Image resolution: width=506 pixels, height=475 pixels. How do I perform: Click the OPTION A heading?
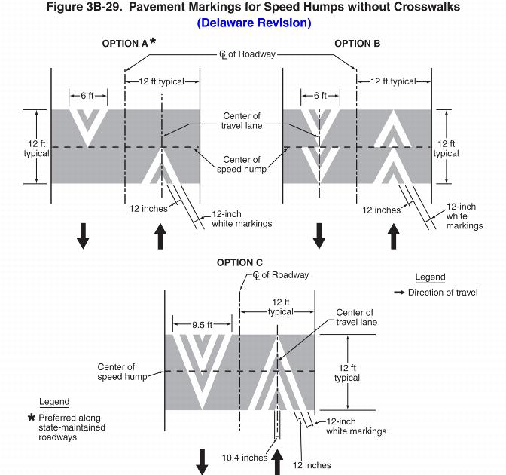(x=125, y=44)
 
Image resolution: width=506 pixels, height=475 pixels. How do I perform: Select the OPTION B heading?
(x=358, y=44)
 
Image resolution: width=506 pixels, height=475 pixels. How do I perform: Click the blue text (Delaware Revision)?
(x=254, y=23)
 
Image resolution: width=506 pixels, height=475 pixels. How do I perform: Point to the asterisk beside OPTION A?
(x=154, y=42)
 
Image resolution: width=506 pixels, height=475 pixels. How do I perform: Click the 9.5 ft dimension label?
(x=201, y=325)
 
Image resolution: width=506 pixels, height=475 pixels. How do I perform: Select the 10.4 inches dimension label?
(x=245, y=458)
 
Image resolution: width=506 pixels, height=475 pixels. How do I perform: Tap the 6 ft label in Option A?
(x=87, y=96)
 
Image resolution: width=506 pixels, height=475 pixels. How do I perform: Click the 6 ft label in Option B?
(x=319, y=96)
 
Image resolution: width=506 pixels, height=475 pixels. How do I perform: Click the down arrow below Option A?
(x=83, y=237)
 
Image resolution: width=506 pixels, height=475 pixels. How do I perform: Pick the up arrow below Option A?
(x=160, y=236)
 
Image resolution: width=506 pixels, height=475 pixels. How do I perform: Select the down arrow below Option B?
(x=319, y=237)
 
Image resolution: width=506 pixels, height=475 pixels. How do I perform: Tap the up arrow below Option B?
(x=393, y=236)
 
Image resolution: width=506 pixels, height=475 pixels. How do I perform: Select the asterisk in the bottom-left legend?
(x=32, y=418)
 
